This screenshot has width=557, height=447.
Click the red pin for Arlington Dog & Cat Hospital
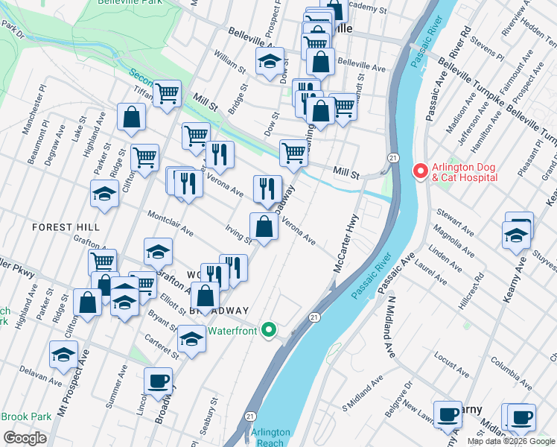420,171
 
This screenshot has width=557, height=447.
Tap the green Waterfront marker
270,331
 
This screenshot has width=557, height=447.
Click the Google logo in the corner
25,438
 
